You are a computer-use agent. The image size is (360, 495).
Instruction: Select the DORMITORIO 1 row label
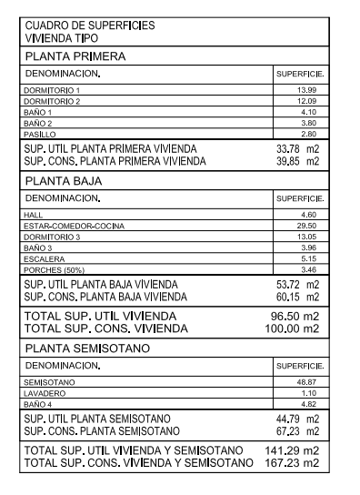point(53,90)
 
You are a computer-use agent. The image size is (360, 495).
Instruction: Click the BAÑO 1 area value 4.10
point(309,111)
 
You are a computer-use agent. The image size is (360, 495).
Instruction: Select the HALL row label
point(35,214)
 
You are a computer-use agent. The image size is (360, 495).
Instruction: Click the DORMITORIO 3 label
point(53,236)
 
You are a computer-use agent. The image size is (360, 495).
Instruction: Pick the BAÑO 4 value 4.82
point(309,402)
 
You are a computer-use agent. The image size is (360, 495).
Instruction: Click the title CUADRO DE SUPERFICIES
point(89,25)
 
